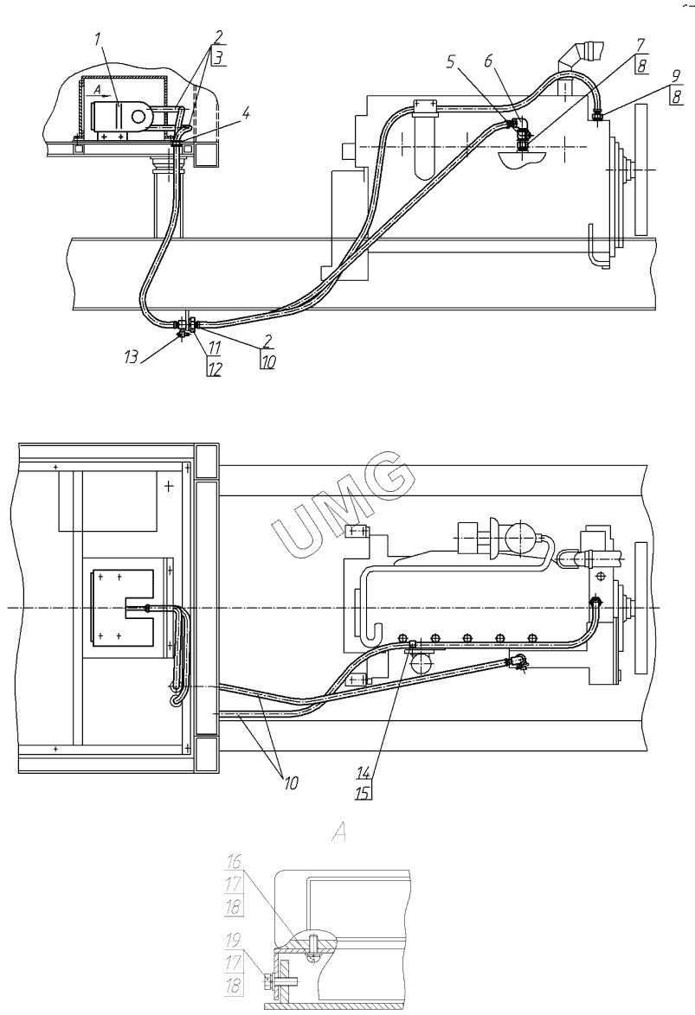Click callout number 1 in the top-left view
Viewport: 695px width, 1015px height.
97,40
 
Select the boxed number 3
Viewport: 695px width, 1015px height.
218,57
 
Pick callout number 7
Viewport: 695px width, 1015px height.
640,45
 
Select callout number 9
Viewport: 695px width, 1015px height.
676,76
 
